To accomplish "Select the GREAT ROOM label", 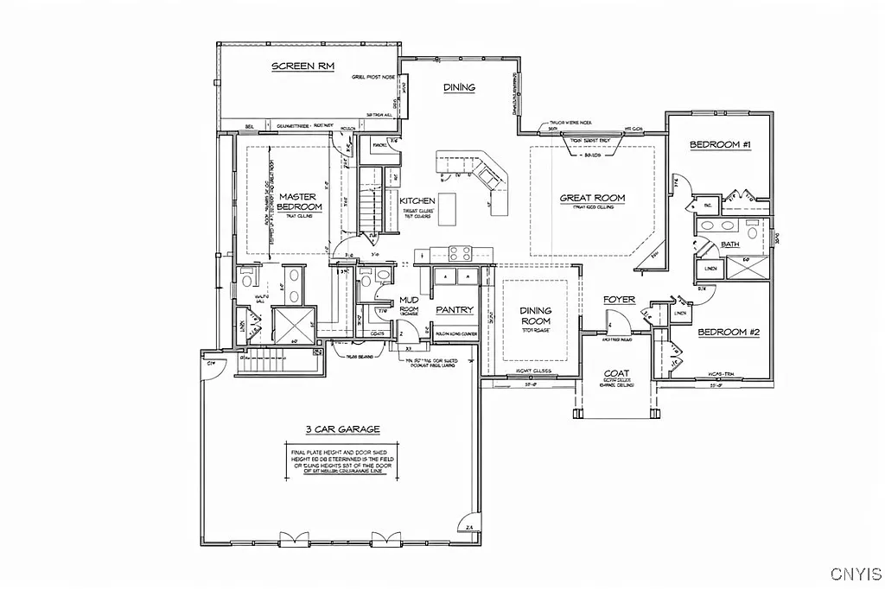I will click(x=592, y=198).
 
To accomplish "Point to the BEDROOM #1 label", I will click(x=719, y=145).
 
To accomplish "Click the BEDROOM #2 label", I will click(x=728, y=333).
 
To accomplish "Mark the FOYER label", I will click(x=619, y=300).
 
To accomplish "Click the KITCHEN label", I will click(x=417, y=200).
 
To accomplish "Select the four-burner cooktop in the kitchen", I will click(x=458, y=253).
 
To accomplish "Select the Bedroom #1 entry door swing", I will click(x=681, y=184).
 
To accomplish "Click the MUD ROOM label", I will click(x=409, y=305).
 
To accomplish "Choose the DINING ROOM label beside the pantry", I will click(x=535, y=316).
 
